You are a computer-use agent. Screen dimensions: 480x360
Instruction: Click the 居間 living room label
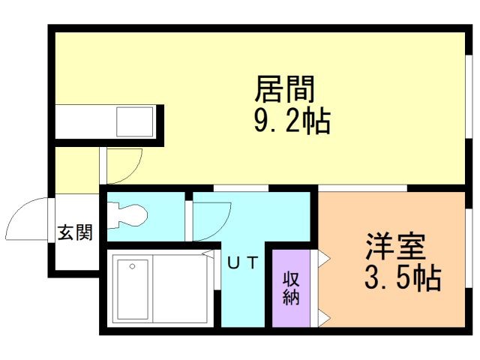tap(285, 89)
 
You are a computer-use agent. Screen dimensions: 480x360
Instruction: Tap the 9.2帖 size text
tap(292, 121)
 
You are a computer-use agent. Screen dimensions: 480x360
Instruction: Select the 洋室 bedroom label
tap(395, 247)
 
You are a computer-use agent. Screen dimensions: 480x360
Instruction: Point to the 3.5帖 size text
tap(403, 278)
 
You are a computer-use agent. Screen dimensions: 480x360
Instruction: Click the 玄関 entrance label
tap(75, 232)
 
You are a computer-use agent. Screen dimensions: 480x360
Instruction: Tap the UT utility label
tap(243, 262)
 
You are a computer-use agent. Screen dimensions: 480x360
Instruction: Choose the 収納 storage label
tap(291, 288)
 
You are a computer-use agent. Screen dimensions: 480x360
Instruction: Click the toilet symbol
tap(127, 215)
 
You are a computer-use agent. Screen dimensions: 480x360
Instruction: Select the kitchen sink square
tap(135, 121)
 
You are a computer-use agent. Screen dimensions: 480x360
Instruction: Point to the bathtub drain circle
tap(132, 266)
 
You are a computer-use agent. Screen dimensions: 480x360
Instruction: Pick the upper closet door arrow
tap(324, 259)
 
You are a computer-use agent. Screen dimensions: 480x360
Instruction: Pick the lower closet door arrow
tap(324, 318)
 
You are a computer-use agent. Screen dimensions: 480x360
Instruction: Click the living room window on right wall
tap(469, 97)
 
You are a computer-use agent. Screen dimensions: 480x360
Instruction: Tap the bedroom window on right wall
tap(469, 248)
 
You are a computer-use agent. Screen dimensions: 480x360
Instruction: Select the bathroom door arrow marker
tap(208, 253)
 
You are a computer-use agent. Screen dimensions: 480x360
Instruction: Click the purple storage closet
tap(291, 288)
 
